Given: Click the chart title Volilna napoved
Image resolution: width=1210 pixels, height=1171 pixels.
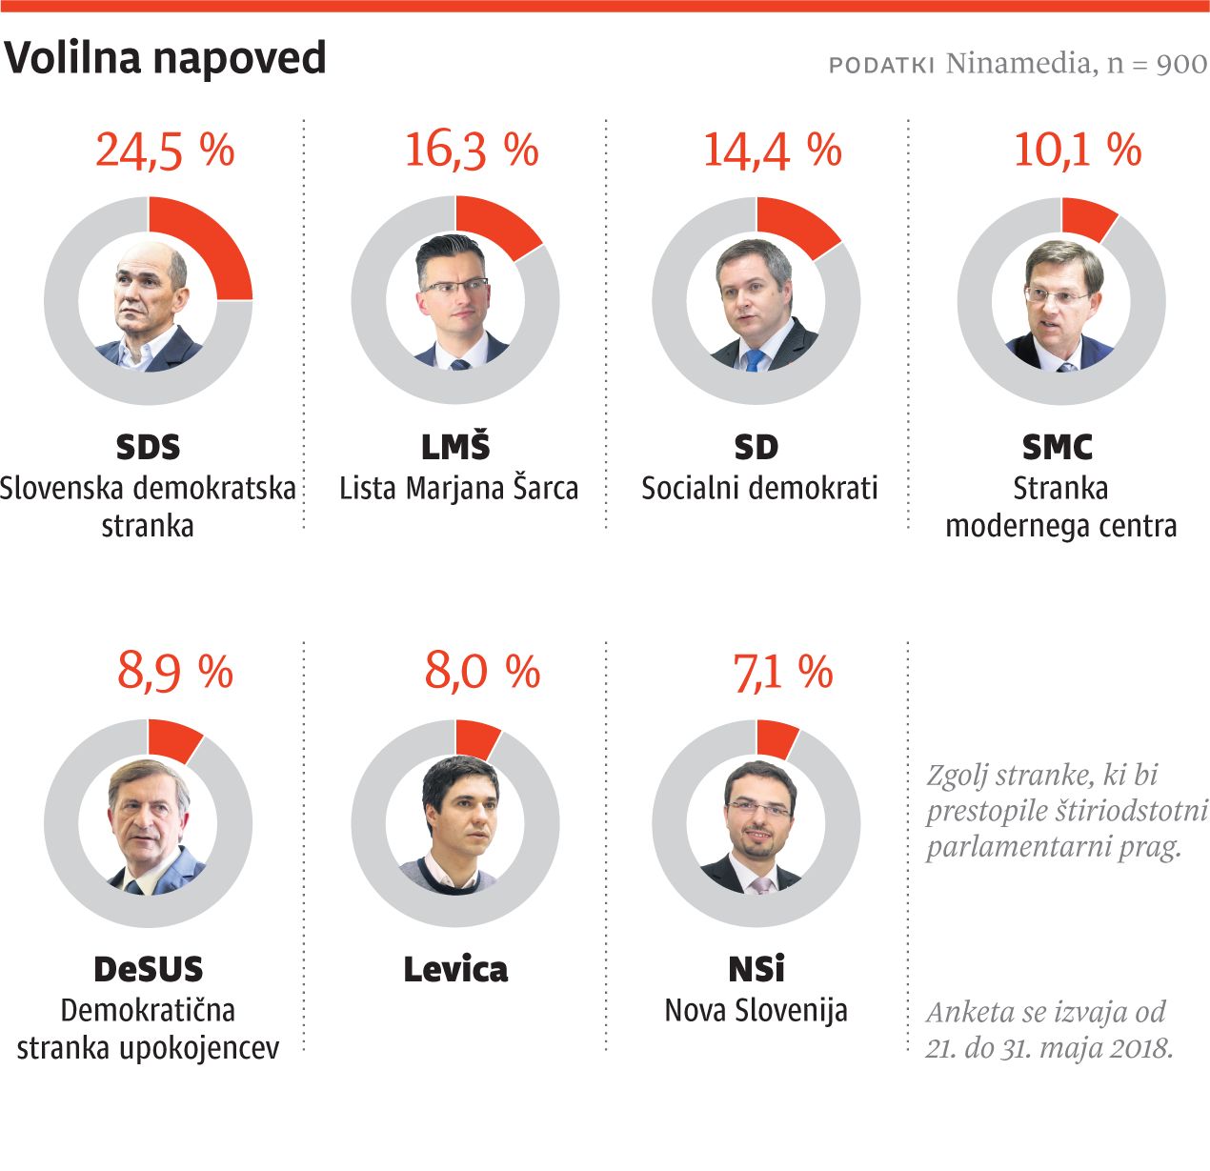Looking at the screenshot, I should pos(166,59).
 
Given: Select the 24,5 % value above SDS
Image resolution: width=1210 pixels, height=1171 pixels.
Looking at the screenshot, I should pos(165,151).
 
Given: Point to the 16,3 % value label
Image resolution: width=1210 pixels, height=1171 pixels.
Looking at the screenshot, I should pos(472,151).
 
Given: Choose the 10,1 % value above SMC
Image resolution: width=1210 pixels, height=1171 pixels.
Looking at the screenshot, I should pos(1077,151).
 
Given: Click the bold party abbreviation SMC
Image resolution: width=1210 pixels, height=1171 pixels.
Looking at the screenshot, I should pos(1058,447).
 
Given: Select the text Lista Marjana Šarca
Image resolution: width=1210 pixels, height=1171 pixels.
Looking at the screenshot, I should pos(459,489).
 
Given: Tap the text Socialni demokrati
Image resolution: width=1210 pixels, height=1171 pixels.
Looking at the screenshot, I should pos(759,489).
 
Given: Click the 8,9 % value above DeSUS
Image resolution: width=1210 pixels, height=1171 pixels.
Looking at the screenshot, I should pos(175,672).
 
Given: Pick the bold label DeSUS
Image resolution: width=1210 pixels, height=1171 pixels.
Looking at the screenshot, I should pos(149,970).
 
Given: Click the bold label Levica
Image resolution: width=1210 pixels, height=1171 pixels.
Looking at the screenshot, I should pos(455,970).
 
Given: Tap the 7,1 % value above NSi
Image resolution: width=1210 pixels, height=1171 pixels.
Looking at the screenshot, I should pos(782,672).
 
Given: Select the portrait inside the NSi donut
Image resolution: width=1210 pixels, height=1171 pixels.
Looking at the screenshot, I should pos(756,825).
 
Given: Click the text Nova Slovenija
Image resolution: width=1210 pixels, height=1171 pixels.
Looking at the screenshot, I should pos(756,1010).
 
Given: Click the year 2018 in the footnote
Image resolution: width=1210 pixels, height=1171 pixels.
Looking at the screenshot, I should pos(1143,1048).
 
